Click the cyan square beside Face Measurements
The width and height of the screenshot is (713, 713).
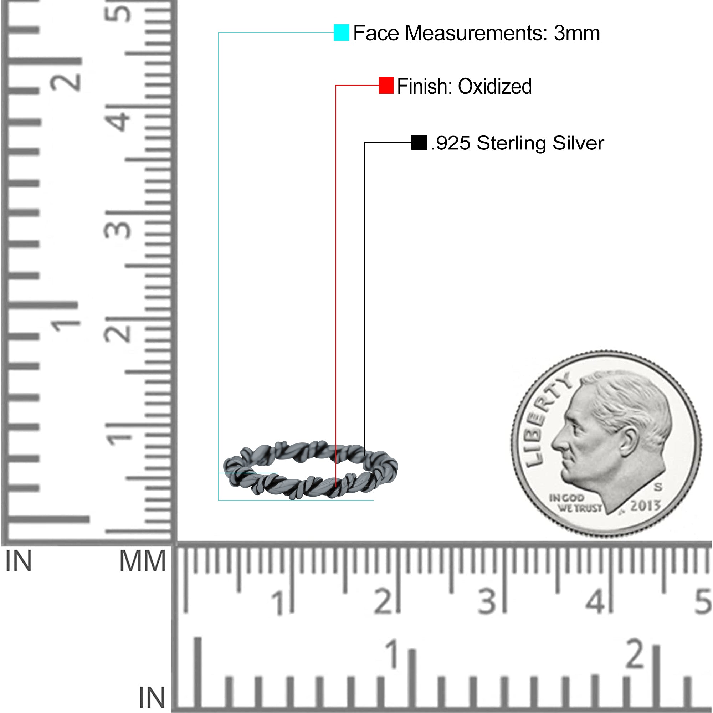coord(342,32)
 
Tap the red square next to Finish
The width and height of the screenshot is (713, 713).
coord(386,85)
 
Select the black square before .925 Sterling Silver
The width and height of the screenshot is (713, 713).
coord(419,143)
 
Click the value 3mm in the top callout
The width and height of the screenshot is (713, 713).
coord(577,33)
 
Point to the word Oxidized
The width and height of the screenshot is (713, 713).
coord(495,86)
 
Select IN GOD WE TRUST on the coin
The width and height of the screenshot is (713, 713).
coord(575,503)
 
